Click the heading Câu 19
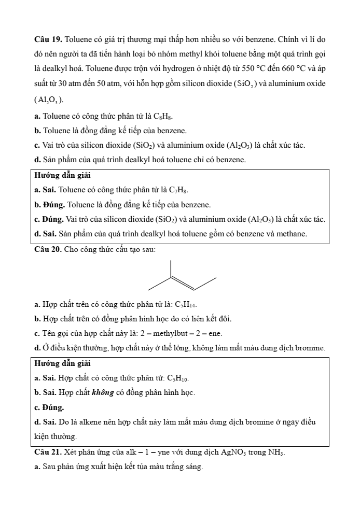tap(48, 39)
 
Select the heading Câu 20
tap(48, 249)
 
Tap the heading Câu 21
tap(48, 453)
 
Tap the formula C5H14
tap(186, 304)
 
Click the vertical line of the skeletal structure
tap(171, 268)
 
